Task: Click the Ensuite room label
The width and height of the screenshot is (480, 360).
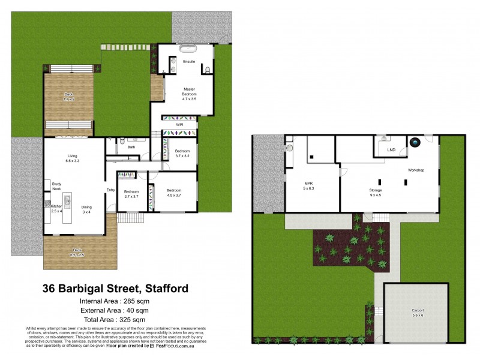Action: pyautogui.click(x=189, y=61)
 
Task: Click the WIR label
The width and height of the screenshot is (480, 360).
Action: pyautogui.click(x=179, y=125)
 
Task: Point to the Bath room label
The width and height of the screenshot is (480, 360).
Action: pyautogui.click(x=131, y=146)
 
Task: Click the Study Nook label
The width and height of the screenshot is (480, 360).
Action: pyautogui.click(x=57, y=187)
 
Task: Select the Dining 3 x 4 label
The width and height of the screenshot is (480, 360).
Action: pyautogui.click(x=86, y=209)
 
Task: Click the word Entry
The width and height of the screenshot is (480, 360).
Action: pyautogui.click(x=111, y=190)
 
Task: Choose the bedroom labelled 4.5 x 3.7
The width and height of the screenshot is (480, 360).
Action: pyautogui.click(x=173, y=192)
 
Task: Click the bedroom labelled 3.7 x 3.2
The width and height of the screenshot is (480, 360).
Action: pyautogui.click(x=182, y=153)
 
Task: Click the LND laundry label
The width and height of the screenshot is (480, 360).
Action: pyautogui.click(x=391, y=149)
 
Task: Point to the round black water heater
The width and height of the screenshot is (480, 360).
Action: pyautogui.click(x=415, y=143)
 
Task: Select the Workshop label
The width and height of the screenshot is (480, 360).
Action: pyautogui.click(x=416, y=170)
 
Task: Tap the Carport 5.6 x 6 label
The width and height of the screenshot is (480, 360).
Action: pyautogui.click(x=417, y=313)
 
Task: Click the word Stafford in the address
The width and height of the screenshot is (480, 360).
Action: pyautogui.click(x=163, y=288)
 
